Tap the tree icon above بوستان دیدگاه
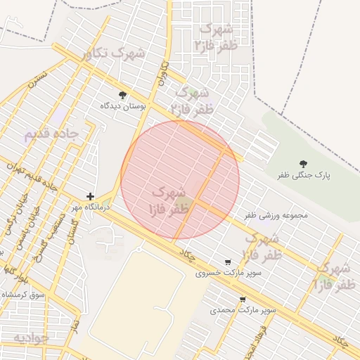123,95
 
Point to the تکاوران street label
165,73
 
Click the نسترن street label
39,77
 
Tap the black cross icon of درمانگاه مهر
90,196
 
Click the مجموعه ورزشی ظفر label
276,215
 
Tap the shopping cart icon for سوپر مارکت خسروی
226,262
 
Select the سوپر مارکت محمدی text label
243,309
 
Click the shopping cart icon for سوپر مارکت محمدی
243,299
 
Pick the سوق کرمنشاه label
21,295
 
